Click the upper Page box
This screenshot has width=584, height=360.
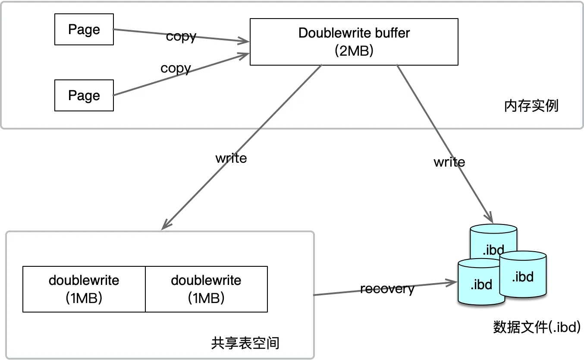pyautogui.click(x=84, y=29)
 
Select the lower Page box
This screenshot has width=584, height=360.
pyautogui.click(x=84, y=95)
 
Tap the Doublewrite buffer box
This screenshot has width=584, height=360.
pyautogui.click(x=354, y=42)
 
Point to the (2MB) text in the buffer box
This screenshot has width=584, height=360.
pyautogui.click(x=354, y=51)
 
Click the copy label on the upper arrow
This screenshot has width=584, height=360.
pyautogui.click(x=181, y=36)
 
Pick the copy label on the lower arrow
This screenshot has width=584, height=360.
pyautogui.click(x=176, y=68)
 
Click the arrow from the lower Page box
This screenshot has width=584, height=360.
pyautogui.click(x=181, y=74)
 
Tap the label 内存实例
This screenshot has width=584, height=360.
pyautogui.click(x=531, y=106)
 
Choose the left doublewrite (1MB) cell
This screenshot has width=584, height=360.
pyautogui.click(x=84, y=289)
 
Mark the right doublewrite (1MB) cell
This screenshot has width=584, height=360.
pyautogui.click(x=206, y=289)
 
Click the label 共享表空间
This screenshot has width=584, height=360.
pyautogui.click(x=245, y=343)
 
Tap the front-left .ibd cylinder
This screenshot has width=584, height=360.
pyautogui.click(x=480, y=283)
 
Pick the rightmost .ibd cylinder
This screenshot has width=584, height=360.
pyautogui.click(x=523, y=275)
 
